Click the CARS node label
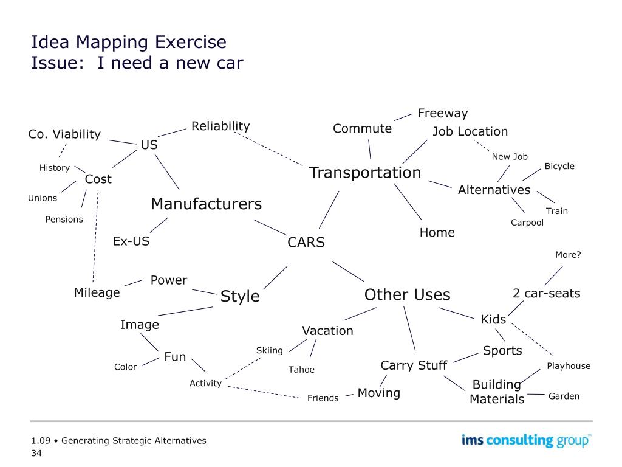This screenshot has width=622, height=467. pyautogui.click(x=306, y=243)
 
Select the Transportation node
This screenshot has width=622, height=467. pyautogui.click(x=365, y=173)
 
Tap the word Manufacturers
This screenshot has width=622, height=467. pyautogui.click(x=206, y=204)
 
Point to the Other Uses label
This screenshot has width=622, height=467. pyautogui.click(x=407, y=295)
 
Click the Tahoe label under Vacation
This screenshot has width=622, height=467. pyautogui.click(x=301, y=370)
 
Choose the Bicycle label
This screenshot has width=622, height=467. pyautogui.click(x=559, y=166)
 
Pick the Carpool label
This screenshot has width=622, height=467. pyautogui.click(x=527, y=223)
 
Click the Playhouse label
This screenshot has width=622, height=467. pyautogui.click(x=569, y=366)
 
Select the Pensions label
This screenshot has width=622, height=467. pyautogui.click(x=64, y=220)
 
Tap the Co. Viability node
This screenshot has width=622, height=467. pyautogui.click(x=64, y=134)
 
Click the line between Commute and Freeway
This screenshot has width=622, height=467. pyautogui.click(x=403, y=117)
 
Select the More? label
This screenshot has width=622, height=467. pyautogui.click(x=568, y=255)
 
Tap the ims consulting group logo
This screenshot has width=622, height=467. pyautogui.click(x=526, y=440)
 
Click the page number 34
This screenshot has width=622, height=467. pyautogui.click(x=36, y=453)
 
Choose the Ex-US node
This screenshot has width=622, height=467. pyautogui.click(x=131, y=241)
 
